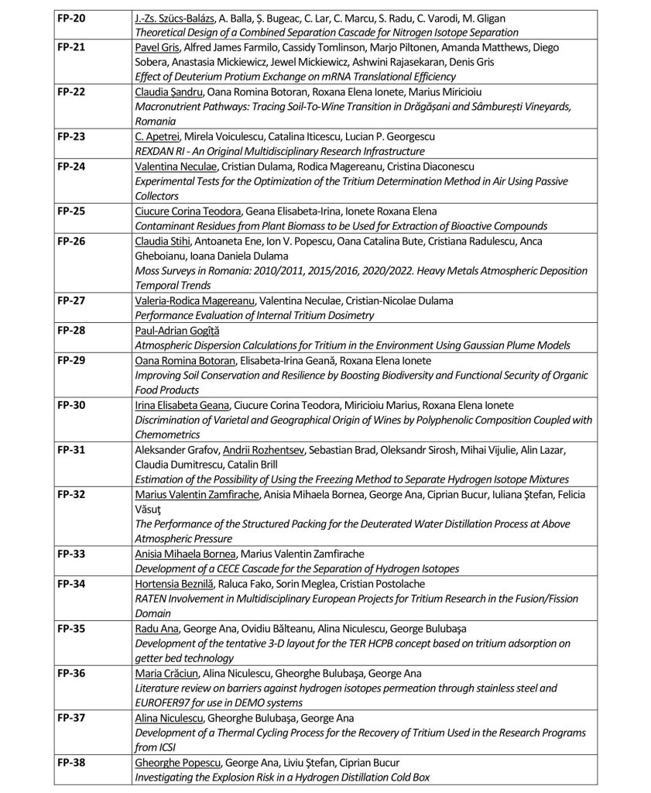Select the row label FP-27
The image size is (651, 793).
click(70, 301)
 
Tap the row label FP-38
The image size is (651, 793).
click(70, 762)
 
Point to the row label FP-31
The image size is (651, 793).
click(70, 449)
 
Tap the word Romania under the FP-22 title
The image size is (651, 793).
click(155, 122)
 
